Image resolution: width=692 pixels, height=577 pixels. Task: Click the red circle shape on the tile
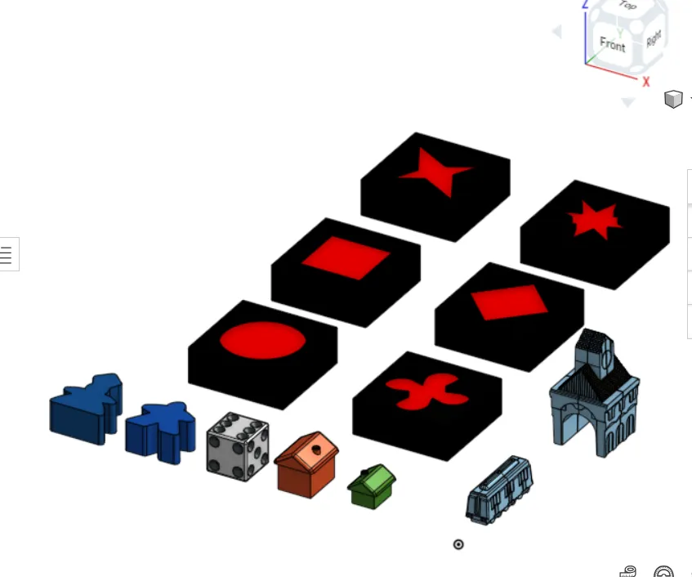click(262, 340)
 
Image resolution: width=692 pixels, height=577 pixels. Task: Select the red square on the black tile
click(346, 257)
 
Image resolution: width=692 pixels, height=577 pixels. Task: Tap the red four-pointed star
click(435, 172)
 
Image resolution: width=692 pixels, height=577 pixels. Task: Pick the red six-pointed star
click(595, 219)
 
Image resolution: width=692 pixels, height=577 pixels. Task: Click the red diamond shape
click(509, 302)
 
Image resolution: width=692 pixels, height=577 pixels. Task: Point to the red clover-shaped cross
click(427, 391)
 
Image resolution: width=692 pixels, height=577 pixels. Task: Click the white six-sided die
click(238, 446)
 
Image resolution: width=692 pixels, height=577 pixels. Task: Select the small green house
click(372, 486)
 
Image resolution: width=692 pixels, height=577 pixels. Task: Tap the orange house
click(306, 464)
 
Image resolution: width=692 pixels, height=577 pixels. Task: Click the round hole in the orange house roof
click(316, 450)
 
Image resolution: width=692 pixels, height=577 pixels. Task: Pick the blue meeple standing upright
click(160, 432)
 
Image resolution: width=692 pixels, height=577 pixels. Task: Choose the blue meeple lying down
click(86, 409)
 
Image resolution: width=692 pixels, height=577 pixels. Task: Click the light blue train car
click(499, 490)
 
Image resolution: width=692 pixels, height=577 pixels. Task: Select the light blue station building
click(595, 393)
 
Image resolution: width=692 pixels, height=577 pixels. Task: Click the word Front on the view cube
click(613, 44)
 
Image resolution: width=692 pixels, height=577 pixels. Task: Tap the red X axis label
click(646, 82)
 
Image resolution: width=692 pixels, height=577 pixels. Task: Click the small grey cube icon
click(673, 99)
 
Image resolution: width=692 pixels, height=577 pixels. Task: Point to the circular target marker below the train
click(458, 544)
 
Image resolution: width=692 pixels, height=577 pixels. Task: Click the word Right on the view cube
click(654, 38)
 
